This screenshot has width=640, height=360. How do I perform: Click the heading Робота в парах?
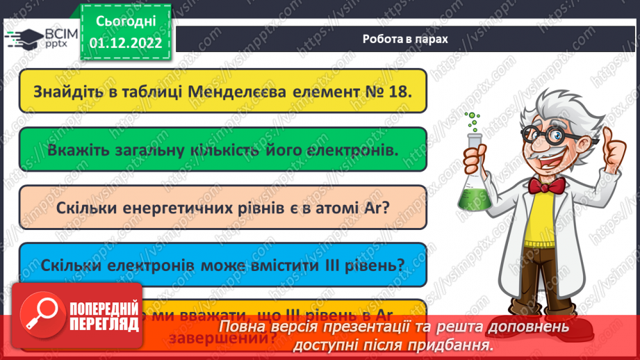(405, 39)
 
